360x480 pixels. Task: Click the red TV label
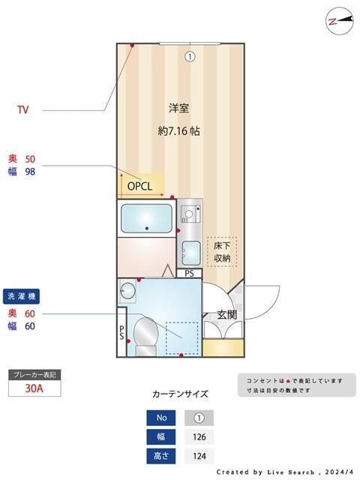click(x=23, y=110)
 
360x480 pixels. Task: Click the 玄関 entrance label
click(x=227, y=314)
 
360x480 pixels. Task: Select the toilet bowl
click(x=143, y=332)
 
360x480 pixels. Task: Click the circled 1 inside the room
click(x=190, y=55)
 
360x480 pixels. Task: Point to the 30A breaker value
click(x=33, y=388)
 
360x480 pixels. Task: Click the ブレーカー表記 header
click(x=33, y=374)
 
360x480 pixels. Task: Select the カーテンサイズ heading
click(x=180, y=393)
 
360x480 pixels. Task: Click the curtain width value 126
click(x=199, y=436)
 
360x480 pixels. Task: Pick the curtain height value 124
click(x=199, y=456)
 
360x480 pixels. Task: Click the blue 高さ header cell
click(x=160, y=456)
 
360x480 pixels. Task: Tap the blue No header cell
click(x=160, y=418)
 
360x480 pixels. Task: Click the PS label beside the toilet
click(x=121, y=332)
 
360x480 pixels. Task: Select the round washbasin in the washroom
click(x=127, y=289)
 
